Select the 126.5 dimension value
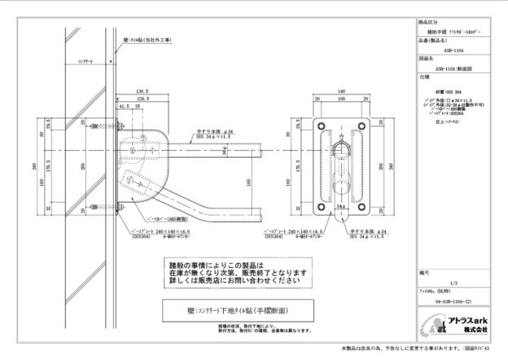click(142, 99)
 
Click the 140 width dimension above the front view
click(341, 91)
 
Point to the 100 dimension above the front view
click(341, 99)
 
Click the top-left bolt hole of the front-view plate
click(318, 124)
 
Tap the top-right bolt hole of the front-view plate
click(364, 124)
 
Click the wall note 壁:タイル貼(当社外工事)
click(148, 38)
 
